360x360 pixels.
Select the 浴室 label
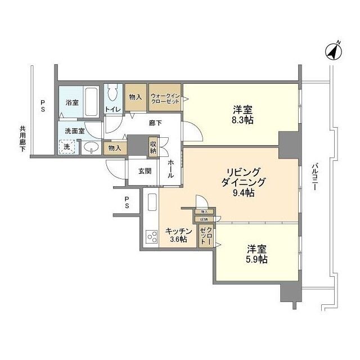click(71, 103)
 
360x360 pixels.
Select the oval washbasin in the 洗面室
click(91, 148)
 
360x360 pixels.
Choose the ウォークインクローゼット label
click(164, 99)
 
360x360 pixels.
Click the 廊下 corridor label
click(156, 122)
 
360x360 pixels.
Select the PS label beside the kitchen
click(127, 202)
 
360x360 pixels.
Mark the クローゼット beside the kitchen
click(205, 236)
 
